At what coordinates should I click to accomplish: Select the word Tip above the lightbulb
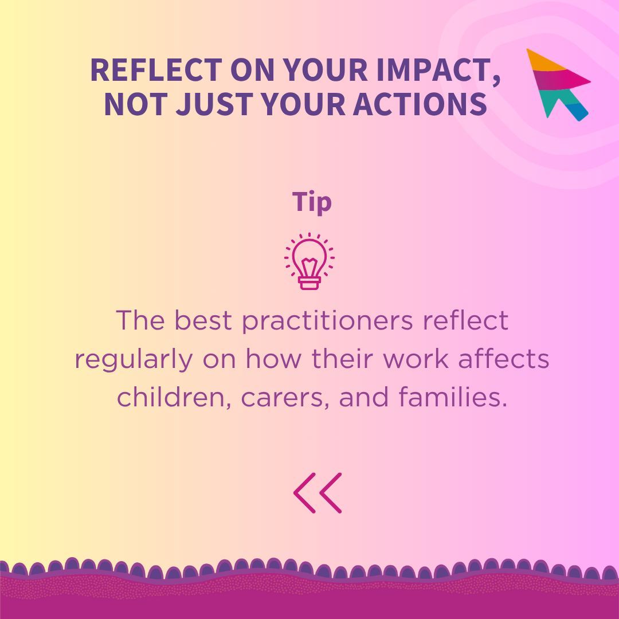click(312, 202)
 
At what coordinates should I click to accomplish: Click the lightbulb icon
click(309, 261)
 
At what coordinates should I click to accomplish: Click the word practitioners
click(327, 321)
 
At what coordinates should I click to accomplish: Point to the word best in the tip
click(204, 321)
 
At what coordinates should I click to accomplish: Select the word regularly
click(134, 360)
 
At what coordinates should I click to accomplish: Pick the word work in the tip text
click(417, 360)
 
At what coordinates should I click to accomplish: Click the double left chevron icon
click(318, 493)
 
